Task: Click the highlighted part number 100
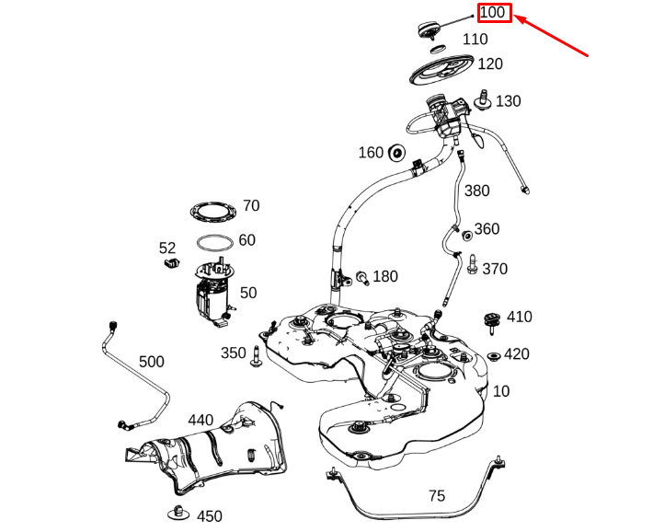click(x=493, y=13)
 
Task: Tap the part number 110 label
click(x=475, y=40)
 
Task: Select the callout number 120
click(x=490, y=64)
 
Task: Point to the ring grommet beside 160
click(x=398, y=152)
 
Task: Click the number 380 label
click(x=477, y=191)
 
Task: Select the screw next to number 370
click(x=471, y=267)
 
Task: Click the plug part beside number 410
click(x=491, y=320)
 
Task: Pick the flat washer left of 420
click(x=492, y=356)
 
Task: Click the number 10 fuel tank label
click(x=500, y=391)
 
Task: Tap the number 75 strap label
click(x=436, y=495)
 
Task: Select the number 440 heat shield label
click(x=200, y=421)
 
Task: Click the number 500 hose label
click(x=152, y=362)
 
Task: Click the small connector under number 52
click(x=168, y=265)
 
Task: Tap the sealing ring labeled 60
click(x=213, y=244)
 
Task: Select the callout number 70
click(x=251, y=205)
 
